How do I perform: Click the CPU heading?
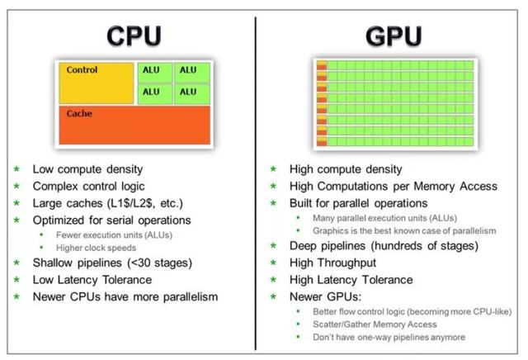(134, 36)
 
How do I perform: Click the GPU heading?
(394, 36)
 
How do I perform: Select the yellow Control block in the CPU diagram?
(97, 83)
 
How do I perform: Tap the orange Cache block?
(134, 125)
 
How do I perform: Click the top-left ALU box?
(155, 72)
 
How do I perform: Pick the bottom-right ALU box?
(192, 93)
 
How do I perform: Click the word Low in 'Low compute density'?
(43, 169)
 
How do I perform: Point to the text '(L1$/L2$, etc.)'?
(145, 204)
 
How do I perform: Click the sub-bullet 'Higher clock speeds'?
(96, 248)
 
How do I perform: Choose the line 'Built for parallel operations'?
(358, 204)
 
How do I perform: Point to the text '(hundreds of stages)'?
(425, 246)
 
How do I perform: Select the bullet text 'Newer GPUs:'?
(325, 297)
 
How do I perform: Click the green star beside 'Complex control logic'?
(16, 186)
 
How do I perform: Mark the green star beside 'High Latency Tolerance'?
(273, 280)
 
